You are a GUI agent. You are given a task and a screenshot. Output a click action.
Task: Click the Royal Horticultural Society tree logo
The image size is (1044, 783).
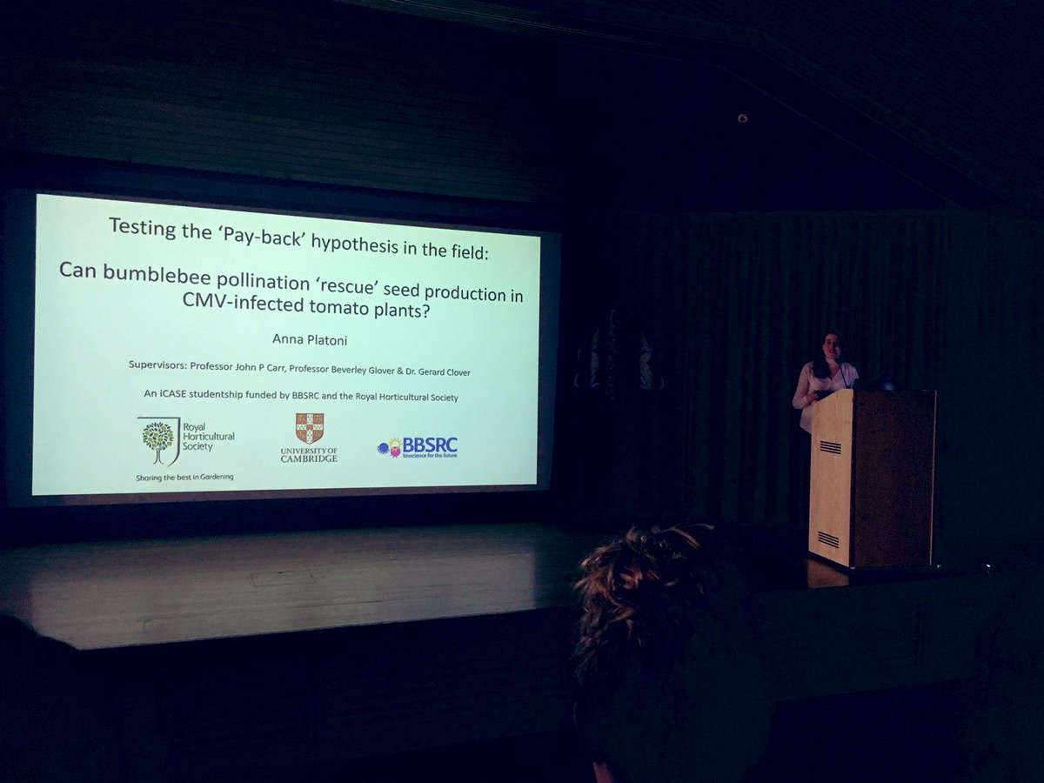pyautogui.click(x=157, y=439)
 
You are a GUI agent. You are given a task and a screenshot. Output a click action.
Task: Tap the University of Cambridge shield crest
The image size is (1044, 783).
pyautogui.click(x=309, y=428)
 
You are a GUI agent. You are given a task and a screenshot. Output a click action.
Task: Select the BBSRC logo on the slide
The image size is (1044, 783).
pyautogui.click(x=418, y=447)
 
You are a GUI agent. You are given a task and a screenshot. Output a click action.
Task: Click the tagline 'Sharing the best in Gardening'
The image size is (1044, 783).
pyautogui.click(x=184, y=477)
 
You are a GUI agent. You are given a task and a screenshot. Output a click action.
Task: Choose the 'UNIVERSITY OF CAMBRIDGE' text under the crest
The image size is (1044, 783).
pyautogui.click(x=309, y=453)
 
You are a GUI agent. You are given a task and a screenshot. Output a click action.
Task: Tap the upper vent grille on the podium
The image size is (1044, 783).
pyautogui.click(x=831, y=447)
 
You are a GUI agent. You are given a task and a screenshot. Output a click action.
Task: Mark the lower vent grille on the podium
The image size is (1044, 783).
pyautogui.click(x=829, y=539)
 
